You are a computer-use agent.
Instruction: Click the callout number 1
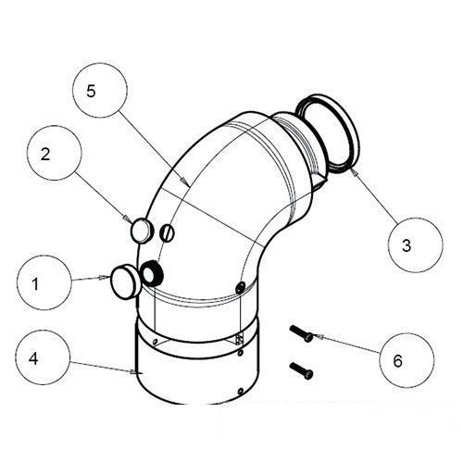tap(35, 284)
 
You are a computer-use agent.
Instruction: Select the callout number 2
tap(45, 154)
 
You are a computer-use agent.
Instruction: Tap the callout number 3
tap(407, 245)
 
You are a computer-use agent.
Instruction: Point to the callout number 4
tap(33, 358)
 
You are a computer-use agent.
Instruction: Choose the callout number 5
tap(91, 91)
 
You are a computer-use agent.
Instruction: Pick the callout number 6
tap(398, 360)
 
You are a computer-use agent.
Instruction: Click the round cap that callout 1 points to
tap(126, 281)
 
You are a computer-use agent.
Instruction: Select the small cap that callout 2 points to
tap(142, 231)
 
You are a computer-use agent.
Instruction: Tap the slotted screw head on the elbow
tap(167, 233)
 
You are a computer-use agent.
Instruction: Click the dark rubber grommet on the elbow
tap(152, 272)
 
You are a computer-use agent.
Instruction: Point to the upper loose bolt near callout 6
tap(301, 334)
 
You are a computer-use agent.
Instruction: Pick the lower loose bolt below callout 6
tap(301, 370)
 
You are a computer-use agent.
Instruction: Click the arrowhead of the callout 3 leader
tap(355, 171)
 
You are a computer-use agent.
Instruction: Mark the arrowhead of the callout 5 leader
tap(184, 181)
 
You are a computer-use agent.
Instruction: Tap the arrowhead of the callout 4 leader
tap(133, 372)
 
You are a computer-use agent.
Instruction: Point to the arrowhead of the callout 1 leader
tap(106, 277)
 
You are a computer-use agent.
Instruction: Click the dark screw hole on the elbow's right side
tap(240, 288)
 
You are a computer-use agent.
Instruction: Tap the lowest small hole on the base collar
tap(241, 392)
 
